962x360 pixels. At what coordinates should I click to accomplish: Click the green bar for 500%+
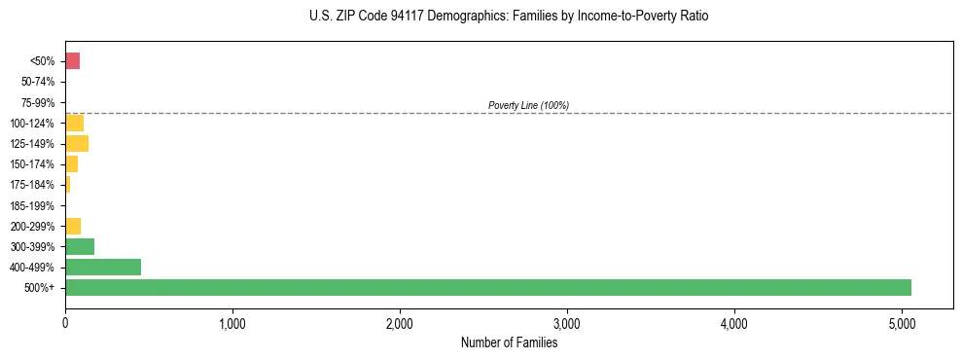tap(488, 287)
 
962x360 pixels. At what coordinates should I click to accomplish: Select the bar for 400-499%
tap(103, 267)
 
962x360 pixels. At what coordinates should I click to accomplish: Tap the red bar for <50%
tap(72, 61)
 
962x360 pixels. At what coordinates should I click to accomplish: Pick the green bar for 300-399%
tap(80, 246)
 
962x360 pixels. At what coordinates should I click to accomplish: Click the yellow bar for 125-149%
tap(77, 144)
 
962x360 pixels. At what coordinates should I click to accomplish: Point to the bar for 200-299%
tap(73, 226)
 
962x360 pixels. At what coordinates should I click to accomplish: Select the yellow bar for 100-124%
tap(74, 123)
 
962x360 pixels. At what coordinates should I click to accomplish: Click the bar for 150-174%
tap(71, 164)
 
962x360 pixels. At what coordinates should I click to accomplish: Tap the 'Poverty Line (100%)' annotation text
tap(528, 105)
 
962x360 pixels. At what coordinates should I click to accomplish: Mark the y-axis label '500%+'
tap(39, 288)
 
